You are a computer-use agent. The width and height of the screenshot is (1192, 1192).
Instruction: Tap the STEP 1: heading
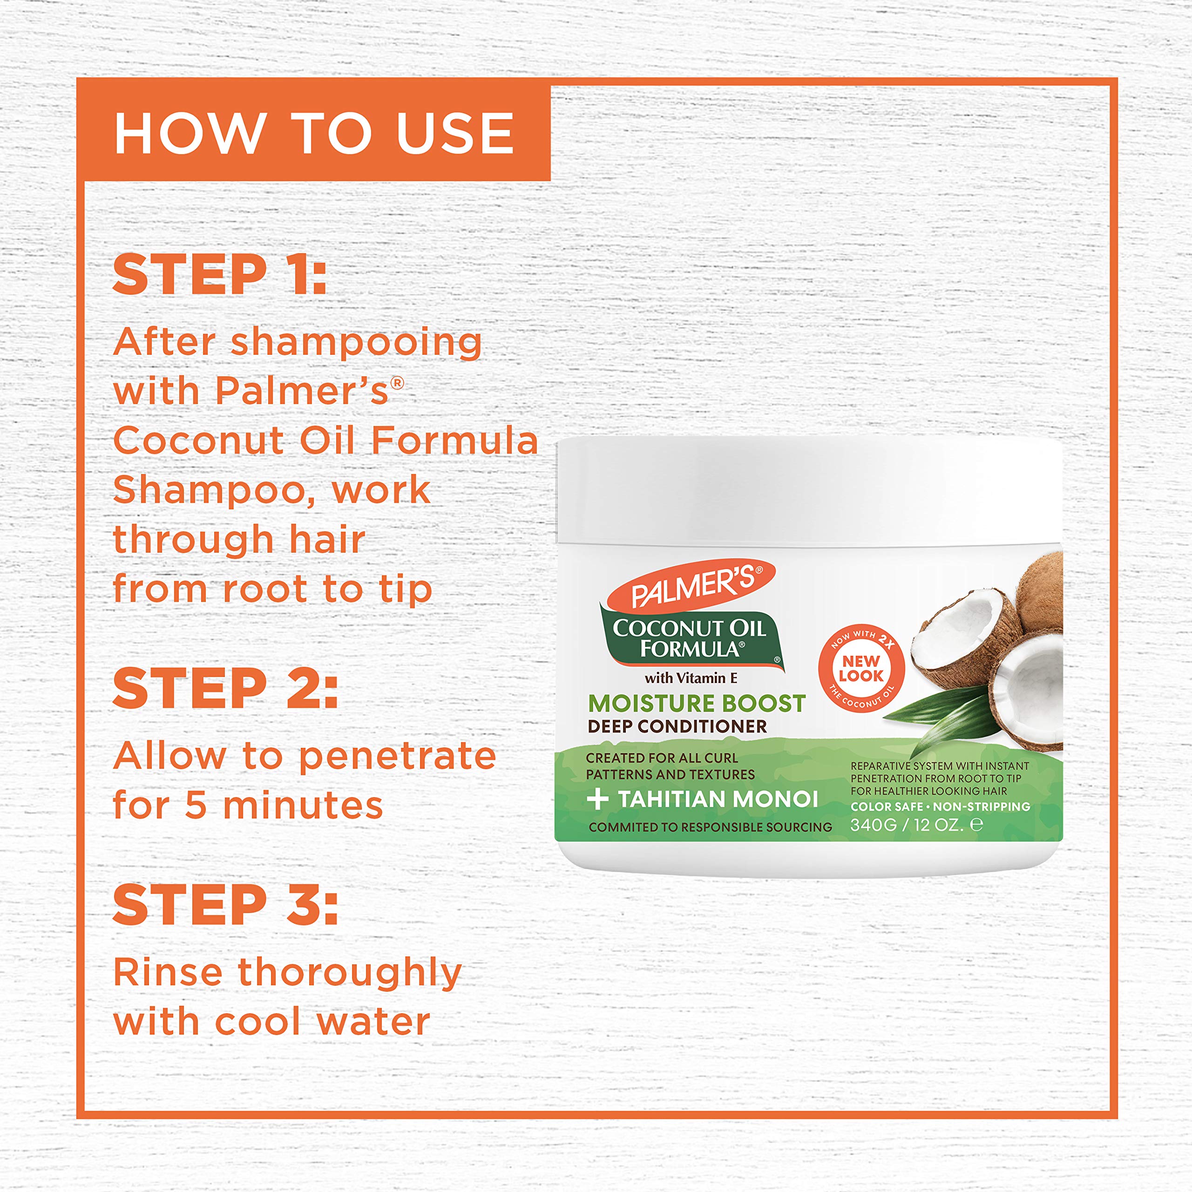coord(220,275)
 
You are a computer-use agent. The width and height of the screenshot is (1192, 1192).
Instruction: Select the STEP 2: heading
coord(225,689)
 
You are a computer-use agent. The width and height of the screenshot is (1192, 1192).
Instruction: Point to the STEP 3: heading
coord(225,905)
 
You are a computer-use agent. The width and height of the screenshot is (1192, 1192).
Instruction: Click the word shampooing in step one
coord(356,344)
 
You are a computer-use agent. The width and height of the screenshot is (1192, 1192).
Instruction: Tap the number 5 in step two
coord(196,806)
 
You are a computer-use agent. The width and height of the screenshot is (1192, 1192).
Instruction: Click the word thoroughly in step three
coord(349,974)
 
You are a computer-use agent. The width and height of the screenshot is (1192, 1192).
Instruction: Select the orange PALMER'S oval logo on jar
coord(691,584)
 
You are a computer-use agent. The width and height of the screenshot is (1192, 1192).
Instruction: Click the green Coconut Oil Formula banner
coord(690,638)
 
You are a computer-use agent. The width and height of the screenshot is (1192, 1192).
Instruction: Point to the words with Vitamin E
coord(691,678)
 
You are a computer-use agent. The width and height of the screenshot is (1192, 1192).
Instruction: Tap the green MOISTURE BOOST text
coord(697,704)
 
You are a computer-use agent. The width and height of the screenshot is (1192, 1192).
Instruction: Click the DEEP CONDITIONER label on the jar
coord(677,726)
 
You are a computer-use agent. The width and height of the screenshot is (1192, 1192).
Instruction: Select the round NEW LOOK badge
coord(861,668)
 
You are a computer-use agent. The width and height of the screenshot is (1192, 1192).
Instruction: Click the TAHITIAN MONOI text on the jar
coord(718,799)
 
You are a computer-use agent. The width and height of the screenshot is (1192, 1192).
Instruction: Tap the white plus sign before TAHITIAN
coord(597,799)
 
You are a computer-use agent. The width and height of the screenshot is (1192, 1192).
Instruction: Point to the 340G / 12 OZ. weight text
coord(907,825)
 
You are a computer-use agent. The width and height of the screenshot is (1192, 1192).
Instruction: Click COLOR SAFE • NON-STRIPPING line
coord(940,806)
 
